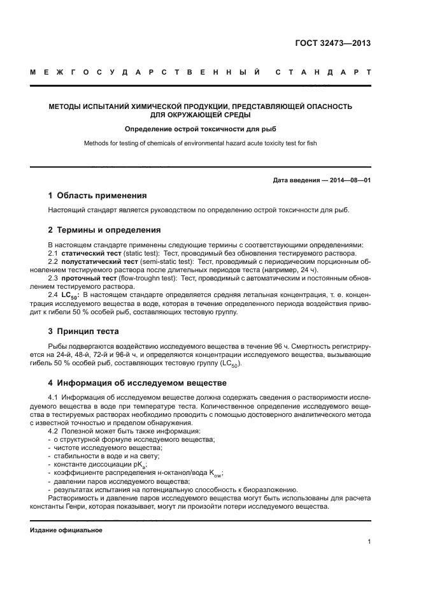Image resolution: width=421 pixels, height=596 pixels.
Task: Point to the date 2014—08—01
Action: pos(349,180)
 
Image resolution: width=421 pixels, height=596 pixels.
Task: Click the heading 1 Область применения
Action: pos(97,196)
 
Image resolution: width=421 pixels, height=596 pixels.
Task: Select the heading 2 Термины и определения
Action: pos(104,229)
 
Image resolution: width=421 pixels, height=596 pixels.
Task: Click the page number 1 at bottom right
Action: pos(369,542)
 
